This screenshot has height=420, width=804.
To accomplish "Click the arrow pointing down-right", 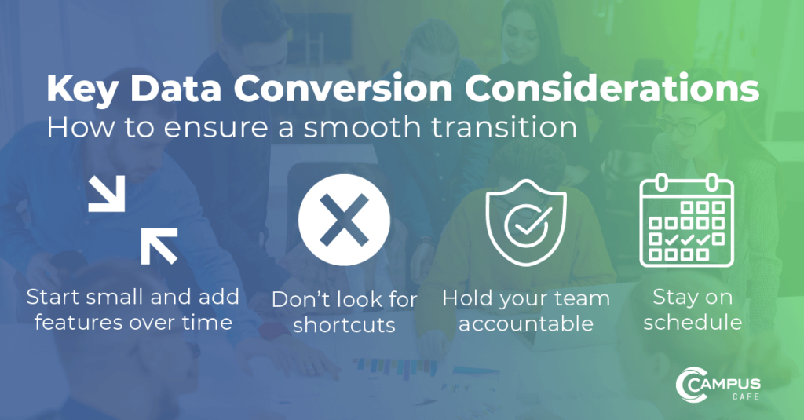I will point(106,194).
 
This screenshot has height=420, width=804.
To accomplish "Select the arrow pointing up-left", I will point(159,243).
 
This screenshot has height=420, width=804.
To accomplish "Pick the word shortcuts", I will point(344,325).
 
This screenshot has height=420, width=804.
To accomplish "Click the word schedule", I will point(692,322).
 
